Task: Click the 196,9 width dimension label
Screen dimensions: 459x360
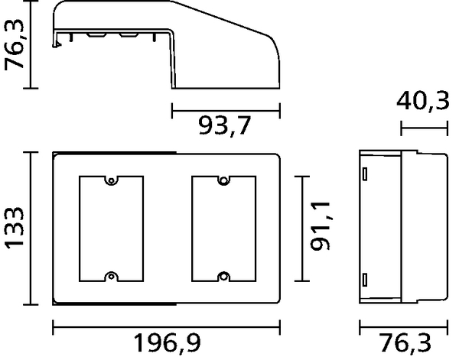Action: click(x=167, y=342)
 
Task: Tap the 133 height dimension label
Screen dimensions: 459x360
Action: click(x=14, y=228)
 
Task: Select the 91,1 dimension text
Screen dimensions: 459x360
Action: click(x=321, y=226)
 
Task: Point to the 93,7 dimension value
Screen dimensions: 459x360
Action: click(x=224, y=126)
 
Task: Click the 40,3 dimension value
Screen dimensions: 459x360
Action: click(x=423, y=101)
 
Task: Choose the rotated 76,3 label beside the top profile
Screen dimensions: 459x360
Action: click(x=14, y=44)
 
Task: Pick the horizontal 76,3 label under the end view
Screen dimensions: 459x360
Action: click(x=405, y=342)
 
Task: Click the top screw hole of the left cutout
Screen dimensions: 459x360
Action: click(x=111, y=181)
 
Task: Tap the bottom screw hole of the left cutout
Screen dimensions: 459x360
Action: click(x=111, y=276)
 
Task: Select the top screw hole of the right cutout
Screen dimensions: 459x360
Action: click(x=223, y=180)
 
